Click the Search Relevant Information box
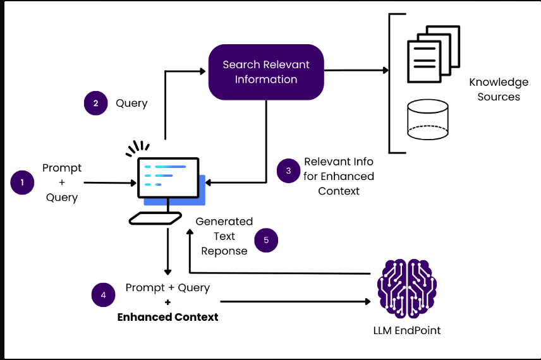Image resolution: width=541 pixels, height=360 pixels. pyautogui.click(x=266, y=72)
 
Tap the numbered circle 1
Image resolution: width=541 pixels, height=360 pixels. pyautogui.click(x=22, y=183)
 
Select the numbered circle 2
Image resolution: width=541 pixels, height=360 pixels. pyautogui.click(x=96, y=103)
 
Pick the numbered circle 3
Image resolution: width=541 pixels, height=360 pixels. pyautogui.click(x=288, y=171)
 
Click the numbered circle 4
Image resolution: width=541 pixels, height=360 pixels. pyautogui.click(x=103, y=295)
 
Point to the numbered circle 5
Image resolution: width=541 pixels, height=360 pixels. pyautogui.click(x=266, y=240)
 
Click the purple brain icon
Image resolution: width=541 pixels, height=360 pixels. pyautogui.click(x=407, y=288)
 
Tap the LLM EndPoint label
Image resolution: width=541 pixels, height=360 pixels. pyautogui.click(x=407, y=330)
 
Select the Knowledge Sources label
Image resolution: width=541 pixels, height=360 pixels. pyautogui.click(x=499, y=89)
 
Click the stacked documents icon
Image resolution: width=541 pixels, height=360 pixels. pyautogui.click(x=434, y=54)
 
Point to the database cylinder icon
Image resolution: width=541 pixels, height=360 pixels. pyautogui.click(x=428, y=119)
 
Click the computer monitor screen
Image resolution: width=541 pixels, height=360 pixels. pyautogui.click(x=168, y=177)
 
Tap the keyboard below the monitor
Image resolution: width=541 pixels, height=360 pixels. pyautogui.click(x=155, y=219)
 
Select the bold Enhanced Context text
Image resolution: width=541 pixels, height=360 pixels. pyautogui.click(x=167, y=317)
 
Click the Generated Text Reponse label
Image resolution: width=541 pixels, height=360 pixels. pyautogui.click(x=224, y=236)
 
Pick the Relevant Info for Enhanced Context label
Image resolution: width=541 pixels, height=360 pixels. pyautogui.click(x=339, y=176)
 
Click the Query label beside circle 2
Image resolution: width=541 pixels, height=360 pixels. pyautogui.click(x=131, y=103)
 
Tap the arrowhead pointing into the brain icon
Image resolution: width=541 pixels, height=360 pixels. pyautogui.click(x=368, y=302)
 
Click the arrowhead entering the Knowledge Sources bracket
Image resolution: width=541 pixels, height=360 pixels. pyautogui.click(x=386, y=70)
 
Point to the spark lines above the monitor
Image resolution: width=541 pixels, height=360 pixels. pyautogui.click(x=138, y=148)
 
